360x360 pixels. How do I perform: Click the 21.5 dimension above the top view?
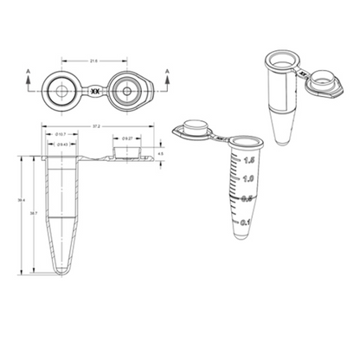(93, 61)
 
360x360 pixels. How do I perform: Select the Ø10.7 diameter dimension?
(61, 136)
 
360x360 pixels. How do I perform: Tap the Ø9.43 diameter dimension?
(61, 145)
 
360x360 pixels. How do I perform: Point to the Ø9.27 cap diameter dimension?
(127, 138)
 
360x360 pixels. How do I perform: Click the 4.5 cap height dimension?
(160, 153)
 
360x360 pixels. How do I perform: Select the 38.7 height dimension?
(34, 212)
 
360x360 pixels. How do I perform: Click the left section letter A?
(28, 67)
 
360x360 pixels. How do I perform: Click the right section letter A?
(164, 67)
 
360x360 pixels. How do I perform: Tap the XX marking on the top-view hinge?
(94, 89)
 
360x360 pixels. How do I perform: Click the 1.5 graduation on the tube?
(248, 160)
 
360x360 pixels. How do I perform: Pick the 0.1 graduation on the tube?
(244, 222)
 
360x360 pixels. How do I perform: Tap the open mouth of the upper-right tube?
(280, 60)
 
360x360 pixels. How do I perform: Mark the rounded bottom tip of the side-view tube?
(61, 272)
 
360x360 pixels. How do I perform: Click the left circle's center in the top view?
(61, 89)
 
